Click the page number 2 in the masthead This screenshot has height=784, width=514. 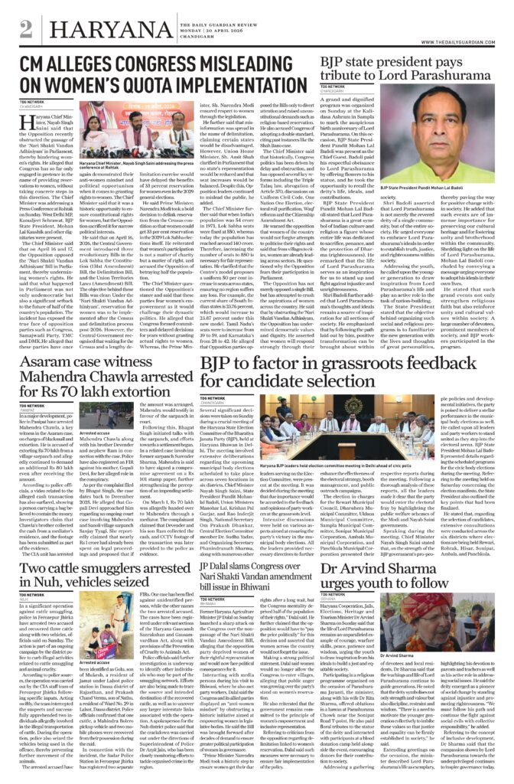(26, 29)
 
